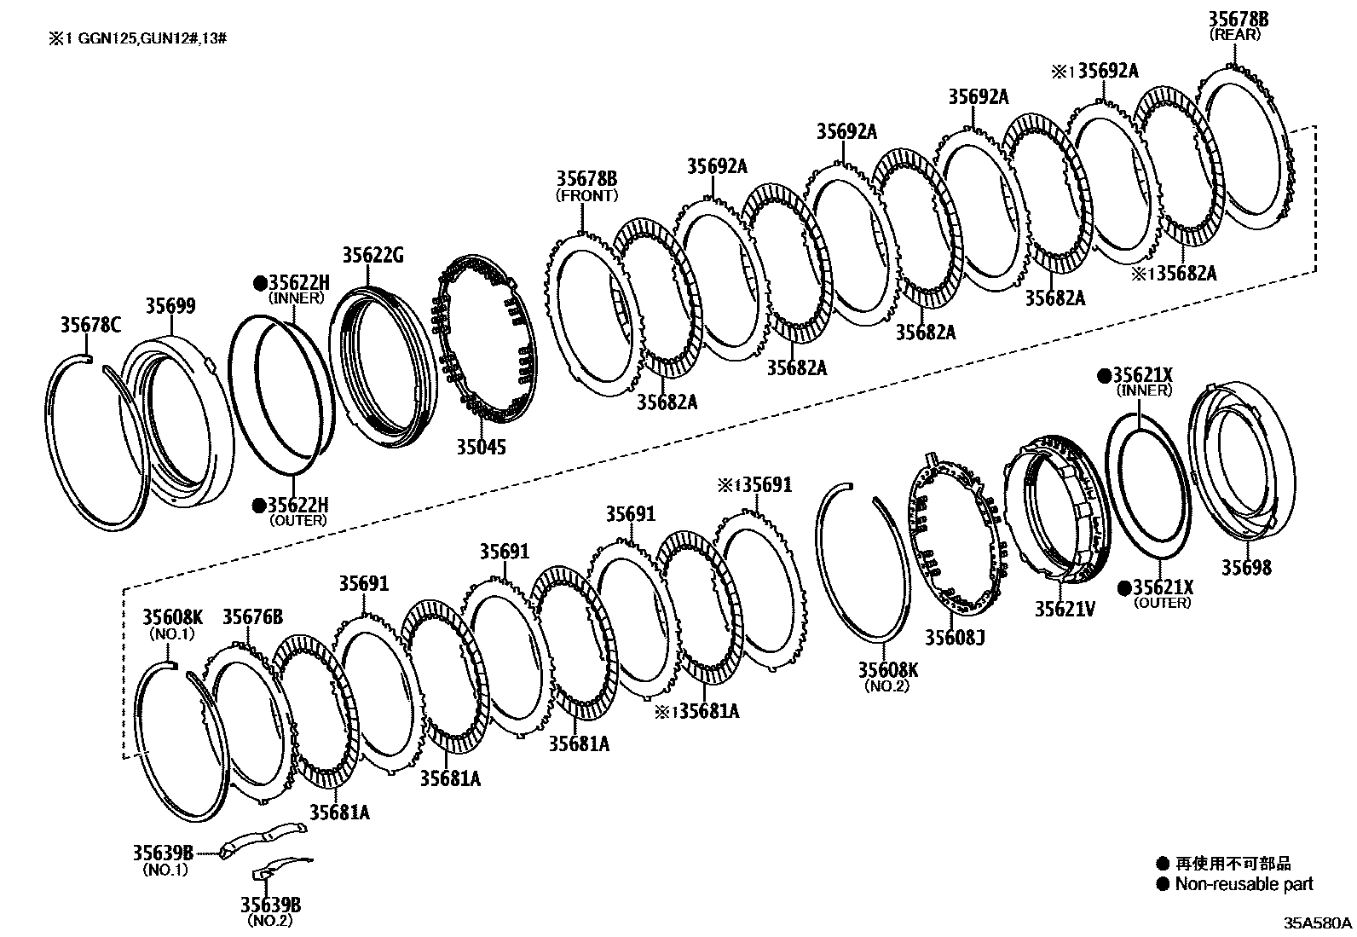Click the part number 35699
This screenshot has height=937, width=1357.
(x=170, y=306)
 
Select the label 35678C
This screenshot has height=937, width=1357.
(x=90, y=324)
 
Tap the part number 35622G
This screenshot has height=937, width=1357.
(x=372, y=255)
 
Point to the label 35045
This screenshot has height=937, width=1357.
(x=480, y=446)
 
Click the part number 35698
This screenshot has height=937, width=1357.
(x=1246, y=567)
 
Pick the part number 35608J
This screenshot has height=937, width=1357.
(x=955, y=637)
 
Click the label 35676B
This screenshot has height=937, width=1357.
(x=252, y=616)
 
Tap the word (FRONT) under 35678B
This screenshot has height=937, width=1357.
(x=586, y=195)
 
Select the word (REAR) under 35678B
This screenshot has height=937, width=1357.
(x=1234, y=35)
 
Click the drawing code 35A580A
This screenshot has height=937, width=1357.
(x=1319, y=923)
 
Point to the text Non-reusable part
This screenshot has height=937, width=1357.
(x=1244, y=885)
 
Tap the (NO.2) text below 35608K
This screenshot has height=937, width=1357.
(x=887, y=685)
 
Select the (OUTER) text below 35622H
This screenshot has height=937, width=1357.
(x=297, y=520)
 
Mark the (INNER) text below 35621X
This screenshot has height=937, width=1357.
(x=1144, y=390)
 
